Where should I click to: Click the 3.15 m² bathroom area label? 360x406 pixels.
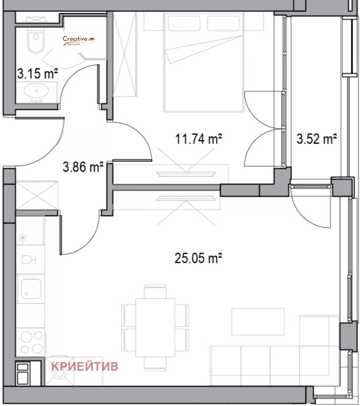click(37, 73)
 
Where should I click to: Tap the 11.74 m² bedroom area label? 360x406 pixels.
click(199, 138)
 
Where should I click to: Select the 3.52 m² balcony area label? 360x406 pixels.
click(316, 138)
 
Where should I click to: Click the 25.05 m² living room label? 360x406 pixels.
click(198, 258)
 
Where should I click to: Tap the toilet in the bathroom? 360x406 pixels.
click(35, 41)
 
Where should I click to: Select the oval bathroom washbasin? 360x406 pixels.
click(36, 91)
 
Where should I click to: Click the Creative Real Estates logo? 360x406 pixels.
click(79, 41)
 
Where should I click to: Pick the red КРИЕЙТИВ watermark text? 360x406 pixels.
click(85, 366)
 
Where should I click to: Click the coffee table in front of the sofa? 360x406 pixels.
click(258, 322)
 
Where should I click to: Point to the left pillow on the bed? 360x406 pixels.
click(184, 23)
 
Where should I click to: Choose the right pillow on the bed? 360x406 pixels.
click(223, 23)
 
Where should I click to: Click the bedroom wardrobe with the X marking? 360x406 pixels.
click(125, 55)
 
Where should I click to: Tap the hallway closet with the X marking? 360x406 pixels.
click(37, 195)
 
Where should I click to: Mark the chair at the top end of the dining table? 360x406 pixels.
click(155, 291)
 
